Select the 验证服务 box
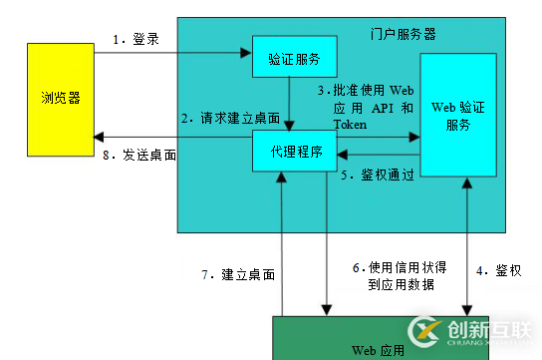click(294, 58)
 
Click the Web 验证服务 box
click(464, 118)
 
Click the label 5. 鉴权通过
click(377, 176)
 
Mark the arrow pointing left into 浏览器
click(169, 139)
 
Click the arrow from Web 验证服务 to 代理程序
click(378, 155)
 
